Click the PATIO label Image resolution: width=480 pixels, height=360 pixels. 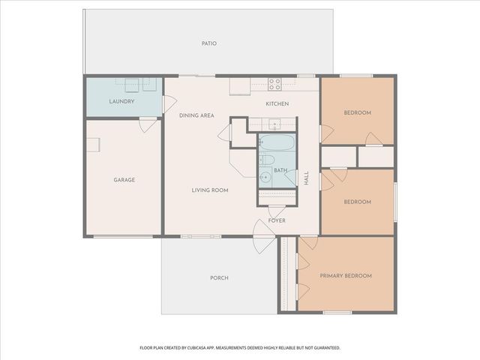click(209, 43)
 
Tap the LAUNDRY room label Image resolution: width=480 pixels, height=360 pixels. click(121, 100)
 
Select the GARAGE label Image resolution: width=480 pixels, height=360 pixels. click(124, 180)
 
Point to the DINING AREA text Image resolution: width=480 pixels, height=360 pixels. click(196, 115)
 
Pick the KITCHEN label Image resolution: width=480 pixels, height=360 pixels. click(277, 103)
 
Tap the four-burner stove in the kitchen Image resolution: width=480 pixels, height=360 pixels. click(274, 84)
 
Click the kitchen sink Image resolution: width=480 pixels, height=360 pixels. click(274, 124)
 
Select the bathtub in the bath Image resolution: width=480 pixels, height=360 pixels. click(277, 142)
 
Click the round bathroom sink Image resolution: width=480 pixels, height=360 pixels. click(265, 178)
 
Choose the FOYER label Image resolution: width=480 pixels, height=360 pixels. click(277, 221)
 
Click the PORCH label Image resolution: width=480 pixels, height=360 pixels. click(219, 278)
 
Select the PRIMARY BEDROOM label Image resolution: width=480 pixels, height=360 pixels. click(346, 276)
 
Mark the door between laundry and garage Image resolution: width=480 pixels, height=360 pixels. click(148, 124)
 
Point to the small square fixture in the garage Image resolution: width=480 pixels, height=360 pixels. click(94, 145)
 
